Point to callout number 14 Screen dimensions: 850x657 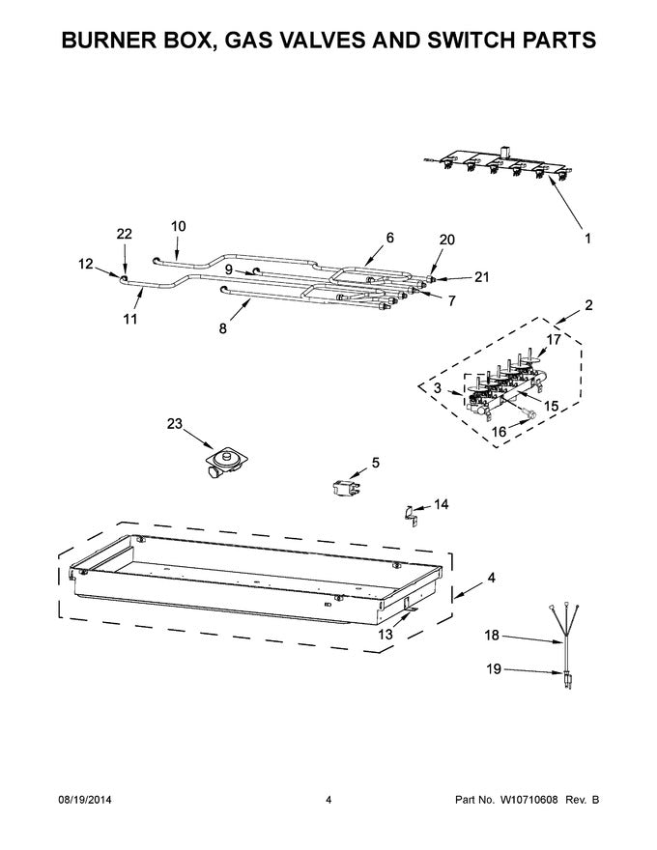tap(441, 503)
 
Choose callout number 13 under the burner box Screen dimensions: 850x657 tap(386, 634)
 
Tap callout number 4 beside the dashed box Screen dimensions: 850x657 tap(491, 579)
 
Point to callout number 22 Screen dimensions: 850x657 tap(124, 234)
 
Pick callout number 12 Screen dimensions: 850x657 tap(85, 263)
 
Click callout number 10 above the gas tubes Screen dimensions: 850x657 tap(178, 226)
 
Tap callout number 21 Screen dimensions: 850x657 tap(481, 277)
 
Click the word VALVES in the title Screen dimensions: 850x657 tap(304, 41)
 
